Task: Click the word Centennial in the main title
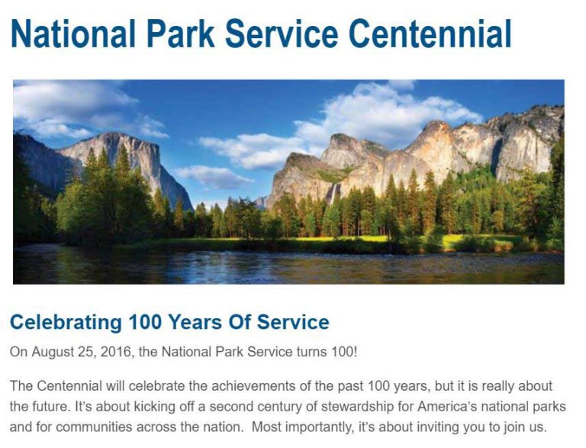tap(430, 33)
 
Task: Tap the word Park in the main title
tap(180, 33)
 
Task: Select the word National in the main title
tap(73, 33)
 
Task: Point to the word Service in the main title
tap(282, 33)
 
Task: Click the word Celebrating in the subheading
tap(66, 323)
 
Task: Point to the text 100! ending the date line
tap(345, 352)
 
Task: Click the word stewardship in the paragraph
tap(357, 407)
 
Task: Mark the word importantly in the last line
tap(320, 428)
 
